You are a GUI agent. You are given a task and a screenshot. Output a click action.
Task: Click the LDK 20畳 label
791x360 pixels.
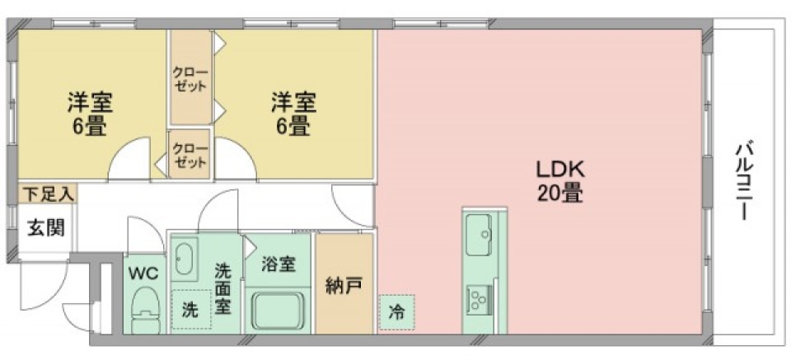(560, 182)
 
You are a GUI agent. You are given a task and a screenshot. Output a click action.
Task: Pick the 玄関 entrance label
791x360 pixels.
(40, 227)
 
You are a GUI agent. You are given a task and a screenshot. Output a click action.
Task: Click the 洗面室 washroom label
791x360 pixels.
(222, 288)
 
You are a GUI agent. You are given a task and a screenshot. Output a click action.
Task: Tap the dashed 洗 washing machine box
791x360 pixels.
(190, 311)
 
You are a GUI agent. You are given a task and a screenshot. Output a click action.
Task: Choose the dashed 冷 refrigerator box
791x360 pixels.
(397, 313)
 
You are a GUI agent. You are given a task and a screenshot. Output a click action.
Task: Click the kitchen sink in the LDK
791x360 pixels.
(479, 234)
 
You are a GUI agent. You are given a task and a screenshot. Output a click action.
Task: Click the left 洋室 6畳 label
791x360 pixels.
(90, 115)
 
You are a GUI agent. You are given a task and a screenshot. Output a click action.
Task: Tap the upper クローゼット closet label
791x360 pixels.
(190, 79)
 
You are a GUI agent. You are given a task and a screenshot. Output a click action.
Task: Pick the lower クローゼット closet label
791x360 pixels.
(190, 155)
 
